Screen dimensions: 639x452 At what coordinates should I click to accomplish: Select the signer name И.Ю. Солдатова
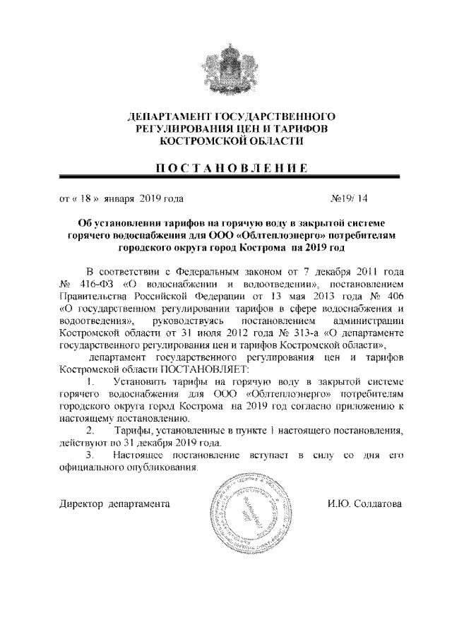[x=364, y=505]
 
